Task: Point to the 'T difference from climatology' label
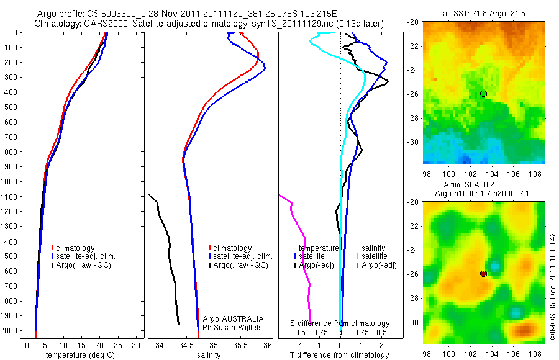tap(339, 355)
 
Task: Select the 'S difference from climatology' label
tap(340, 323)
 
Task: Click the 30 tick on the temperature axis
tap(137, 345)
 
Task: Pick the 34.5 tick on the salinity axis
tap(187, 345)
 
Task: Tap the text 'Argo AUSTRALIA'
tap(229, 318)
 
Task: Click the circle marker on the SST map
tap(483, 94)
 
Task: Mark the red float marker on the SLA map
tap(483, 274)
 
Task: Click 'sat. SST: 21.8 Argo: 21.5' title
tap(483, 12)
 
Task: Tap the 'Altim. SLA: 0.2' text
tap(483, 184)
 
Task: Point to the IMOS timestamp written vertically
tap(552, 286)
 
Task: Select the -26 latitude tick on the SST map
tap(412, 94)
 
